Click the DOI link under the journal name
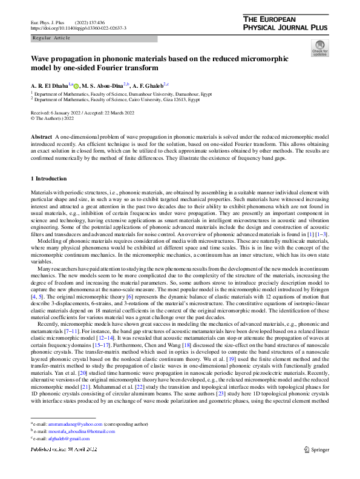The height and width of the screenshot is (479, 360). tap(78, 28)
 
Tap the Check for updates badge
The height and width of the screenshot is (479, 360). tap(319, 49)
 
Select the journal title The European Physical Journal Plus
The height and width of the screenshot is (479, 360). tap(286, 23)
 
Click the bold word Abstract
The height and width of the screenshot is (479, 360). tap(41, 139)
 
